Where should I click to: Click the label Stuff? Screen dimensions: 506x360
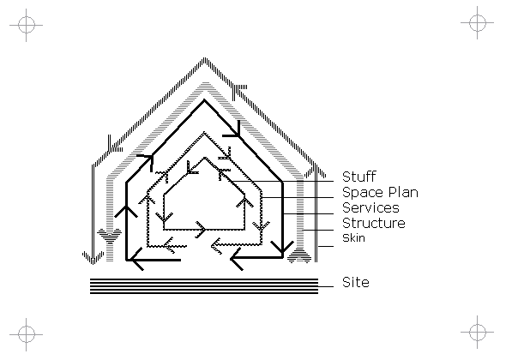[358, 177]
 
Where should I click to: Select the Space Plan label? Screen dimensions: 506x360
[380, 193]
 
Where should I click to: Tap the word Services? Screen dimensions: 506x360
[370, 207]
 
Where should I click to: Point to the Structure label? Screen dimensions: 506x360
[374, 223]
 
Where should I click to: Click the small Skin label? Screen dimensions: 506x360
[353, 238]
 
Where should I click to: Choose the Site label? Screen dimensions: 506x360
[356, 282]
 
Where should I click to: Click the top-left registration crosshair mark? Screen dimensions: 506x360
[26, 25]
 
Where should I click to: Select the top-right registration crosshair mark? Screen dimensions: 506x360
[478, 22]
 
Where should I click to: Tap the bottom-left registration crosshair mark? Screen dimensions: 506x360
[26, 334]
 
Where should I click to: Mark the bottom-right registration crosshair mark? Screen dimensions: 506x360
[478, 332]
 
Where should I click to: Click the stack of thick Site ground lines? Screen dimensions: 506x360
[204, 286]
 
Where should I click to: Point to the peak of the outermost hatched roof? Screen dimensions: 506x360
[204, 58]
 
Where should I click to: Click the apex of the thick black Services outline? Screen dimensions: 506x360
[204, 100]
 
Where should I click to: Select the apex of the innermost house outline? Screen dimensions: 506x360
[204, 158]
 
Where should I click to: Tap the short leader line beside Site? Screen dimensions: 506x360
[326, 286]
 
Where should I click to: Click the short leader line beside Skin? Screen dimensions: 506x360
[326, 247]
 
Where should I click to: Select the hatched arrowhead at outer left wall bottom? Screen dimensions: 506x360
[93, 257]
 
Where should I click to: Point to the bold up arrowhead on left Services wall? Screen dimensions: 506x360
[126, 211]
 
